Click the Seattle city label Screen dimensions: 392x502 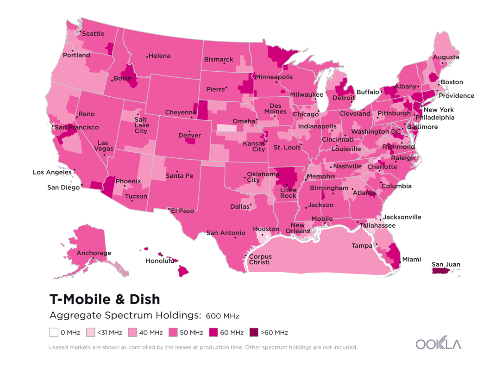point(93,34)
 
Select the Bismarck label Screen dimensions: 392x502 point(219,60)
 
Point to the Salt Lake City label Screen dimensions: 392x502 point(141,125)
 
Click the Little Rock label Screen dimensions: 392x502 point(288,193)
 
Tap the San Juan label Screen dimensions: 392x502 point(446,265)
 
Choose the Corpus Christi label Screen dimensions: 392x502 point(260,259)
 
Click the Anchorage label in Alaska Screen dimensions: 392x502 point(94,253)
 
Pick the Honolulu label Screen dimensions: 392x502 point(160,261)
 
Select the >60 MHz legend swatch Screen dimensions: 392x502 point(254,332)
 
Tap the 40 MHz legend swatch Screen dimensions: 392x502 point(132,332)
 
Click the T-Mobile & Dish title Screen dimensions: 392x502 point(105,299)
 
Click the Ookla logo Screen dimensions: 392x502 point(438,344)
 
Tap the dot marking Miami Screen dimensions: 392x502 point(400,262)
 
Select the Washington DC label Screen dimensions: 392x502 point(376,132)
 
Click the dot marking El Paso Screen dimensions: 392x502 point(169,209)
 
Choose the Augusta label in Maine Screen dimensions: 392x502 point(446,57)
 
